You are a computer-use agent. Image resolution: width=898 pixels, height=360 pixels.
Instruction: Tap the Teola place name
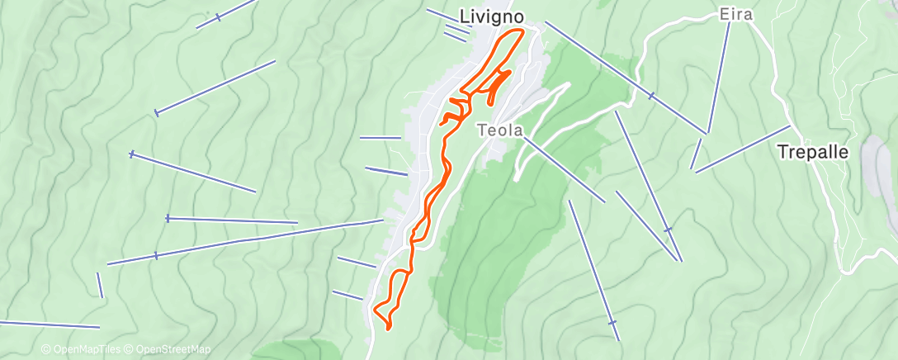pos(497,130)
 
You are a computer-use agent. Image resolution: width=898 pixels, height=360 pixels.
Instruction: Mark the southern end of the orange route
pos(389,329)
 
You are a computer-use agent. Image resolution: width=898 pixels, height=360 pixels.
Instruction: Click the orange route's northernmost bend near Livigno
pos(520,31)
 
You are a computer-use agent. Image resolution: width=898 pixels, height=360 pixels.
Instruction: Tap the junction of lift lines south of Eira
pos(707,133)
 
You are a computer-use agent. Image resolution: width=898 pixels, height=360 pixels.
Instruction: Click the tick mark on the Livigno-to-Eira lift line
pos(650,96)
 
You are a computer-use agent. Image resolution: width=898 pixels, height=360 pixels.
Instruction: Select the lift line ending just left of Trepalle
pos(743,149)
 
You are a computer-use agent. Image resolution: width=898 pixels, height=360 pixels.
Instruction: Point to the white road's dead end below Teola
pos(516,178)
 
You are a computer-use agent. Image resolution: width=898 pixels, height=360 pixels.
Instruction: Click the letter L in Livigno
pos(463,17)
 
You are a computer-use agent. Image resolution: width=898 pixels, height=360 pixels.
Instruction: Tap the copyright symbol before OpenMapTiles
pos(45,350)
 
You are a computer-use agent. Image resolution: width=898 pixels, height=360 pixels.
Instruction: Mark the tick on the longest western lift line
pos(156,256)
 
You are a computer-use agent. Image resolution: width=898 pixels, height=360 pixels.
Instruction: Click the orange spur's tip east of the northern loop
pos(509,73)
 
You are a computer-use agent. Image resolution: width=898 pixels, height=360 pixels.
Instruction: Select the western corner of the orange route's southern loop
pos(376,310)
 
